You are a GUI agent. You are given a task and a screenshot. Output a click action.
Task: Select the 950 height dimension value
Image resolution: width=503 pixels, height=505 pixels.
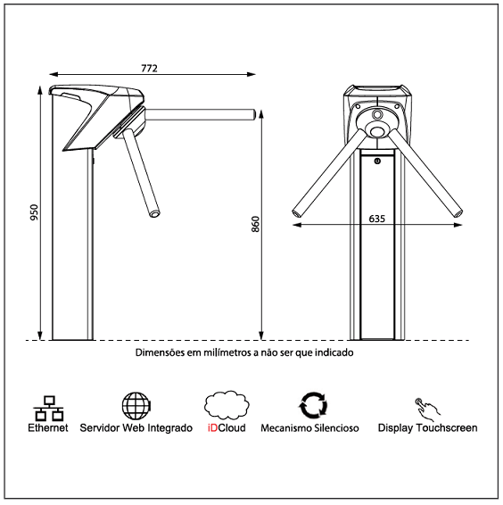pos(35,212)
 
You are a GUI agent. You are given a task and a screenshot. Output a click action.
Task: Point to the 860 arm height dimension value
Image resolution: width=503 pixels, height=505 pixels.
pos(255,225)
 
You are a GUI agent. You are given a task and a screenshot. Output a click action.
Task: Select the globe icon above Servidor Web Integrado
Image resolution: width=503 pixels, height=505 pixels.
pos(136,405)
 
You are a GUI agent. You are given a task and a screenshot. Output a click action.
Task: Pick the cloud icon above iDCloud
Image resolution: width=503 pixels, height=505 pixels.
pos(225,406)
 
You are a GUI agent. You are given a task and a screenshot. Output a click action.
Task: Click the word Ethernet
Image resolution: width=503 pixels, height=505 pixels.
pos(47,428)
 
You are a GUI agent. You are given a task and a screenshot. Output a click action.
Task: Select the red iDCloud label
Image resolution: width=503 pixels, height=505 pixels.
pos(226,428)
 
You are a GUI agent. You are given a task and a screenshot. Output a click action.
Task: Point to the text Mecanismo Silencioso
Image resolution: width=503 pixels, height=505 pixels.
pos(309,428)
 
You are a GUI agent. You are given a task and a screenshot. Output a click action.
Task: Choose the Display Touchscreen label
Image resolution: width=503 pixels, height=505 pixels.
pos(427,428)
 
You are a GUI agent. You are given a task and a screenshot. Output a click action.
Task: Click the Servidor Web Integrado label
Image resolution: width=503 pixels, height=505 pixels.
pos(136,428)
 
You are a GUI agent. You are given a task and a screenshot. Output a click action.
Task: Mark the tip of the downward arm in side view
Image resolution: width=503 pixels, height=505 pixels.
pos(156,213)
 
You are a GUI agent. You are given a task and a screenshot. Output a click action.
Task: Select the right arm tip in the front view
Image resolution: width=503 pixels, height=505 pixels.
pos(458,212)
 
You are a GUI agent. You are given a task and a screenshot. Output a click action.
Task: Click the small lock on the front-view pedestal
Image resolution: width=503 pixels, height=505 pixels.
pos(378,161)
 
